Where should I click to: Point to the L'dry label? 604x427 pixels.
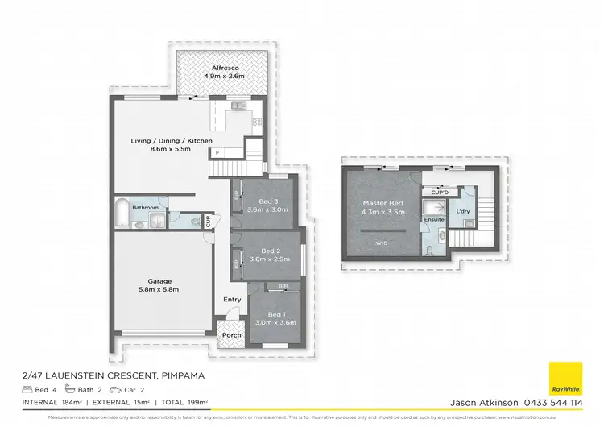coord(464,211)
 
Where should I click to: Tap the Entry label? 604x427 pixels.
coord(232,300)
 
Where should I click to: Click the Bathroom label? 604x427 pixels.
coord(146,208)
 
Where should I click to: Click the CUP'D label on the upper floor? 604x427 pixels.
coord(439,193)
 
